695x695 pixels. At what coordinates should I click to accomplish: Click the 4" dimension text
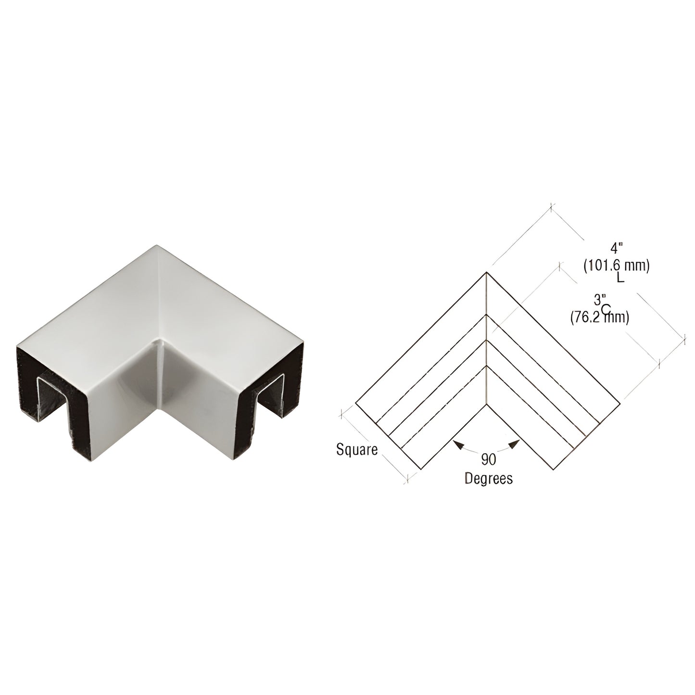[x=617, y=249]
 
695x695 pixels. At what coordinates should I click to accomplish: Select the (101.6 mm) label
[x=617, y=265]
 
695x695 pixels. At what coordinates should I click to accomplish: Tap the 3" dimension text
[x=599, y=300]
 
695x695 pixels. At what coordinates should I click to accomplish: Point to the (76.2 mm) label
[x=600, y=317]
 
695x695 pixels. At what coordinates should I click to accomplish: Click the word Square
[x=357, y=450]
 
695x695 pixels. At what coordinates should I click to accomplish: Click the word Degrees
[x=488, y=479]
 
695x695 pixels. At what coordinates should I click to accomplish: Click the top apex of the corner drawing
[x=486, y=274]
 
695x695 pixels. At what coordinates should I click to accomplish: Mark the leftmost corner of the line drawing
[x=356, y=402]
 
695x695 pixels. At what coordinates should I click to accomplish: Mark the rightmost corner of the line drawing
[x=619, y=402]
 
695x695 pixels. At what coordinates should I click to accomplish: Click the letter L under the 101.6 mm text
[x=620, y=278]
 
